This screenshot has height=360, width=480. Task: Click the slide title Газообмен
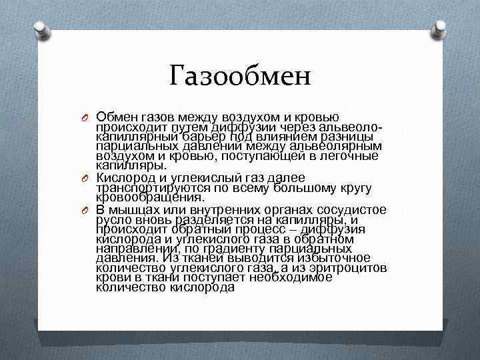pyautogui.click(x=240, y=76)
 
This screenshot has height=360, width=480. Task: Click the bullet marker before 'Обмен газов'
pyautogui.click(x=85, y=119)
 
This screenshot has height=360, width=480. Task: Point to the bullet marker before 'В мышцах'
pyautogui.click(x=85, y=211)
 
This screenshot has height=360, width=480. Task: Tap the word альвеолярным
pyautogui.click(x=341, y=146)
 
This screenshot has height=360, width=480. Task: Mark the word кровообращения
pyautogui.click(x=149, y=197)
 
